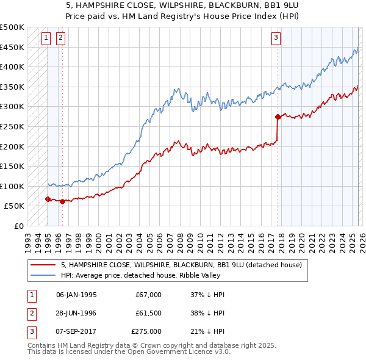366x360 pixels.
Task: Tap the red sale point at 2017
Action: pyautogui.click(x=278, y=116)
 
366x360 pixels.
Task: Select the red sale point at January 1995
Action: pyautogui.click(x=48, y=199)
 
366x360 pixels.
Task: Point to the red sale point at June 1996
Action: pyautogui.click(x=62, y=201)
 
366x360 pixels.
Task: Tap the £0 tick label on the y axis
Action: pyautogui.click(x=18, y=226)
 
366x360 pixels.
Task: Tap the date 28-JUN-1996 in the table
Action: pyautogui.click(x=76, y=313)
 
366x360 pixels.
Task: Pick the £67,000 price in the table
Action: pyautogui.click(x=148, y=295)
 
